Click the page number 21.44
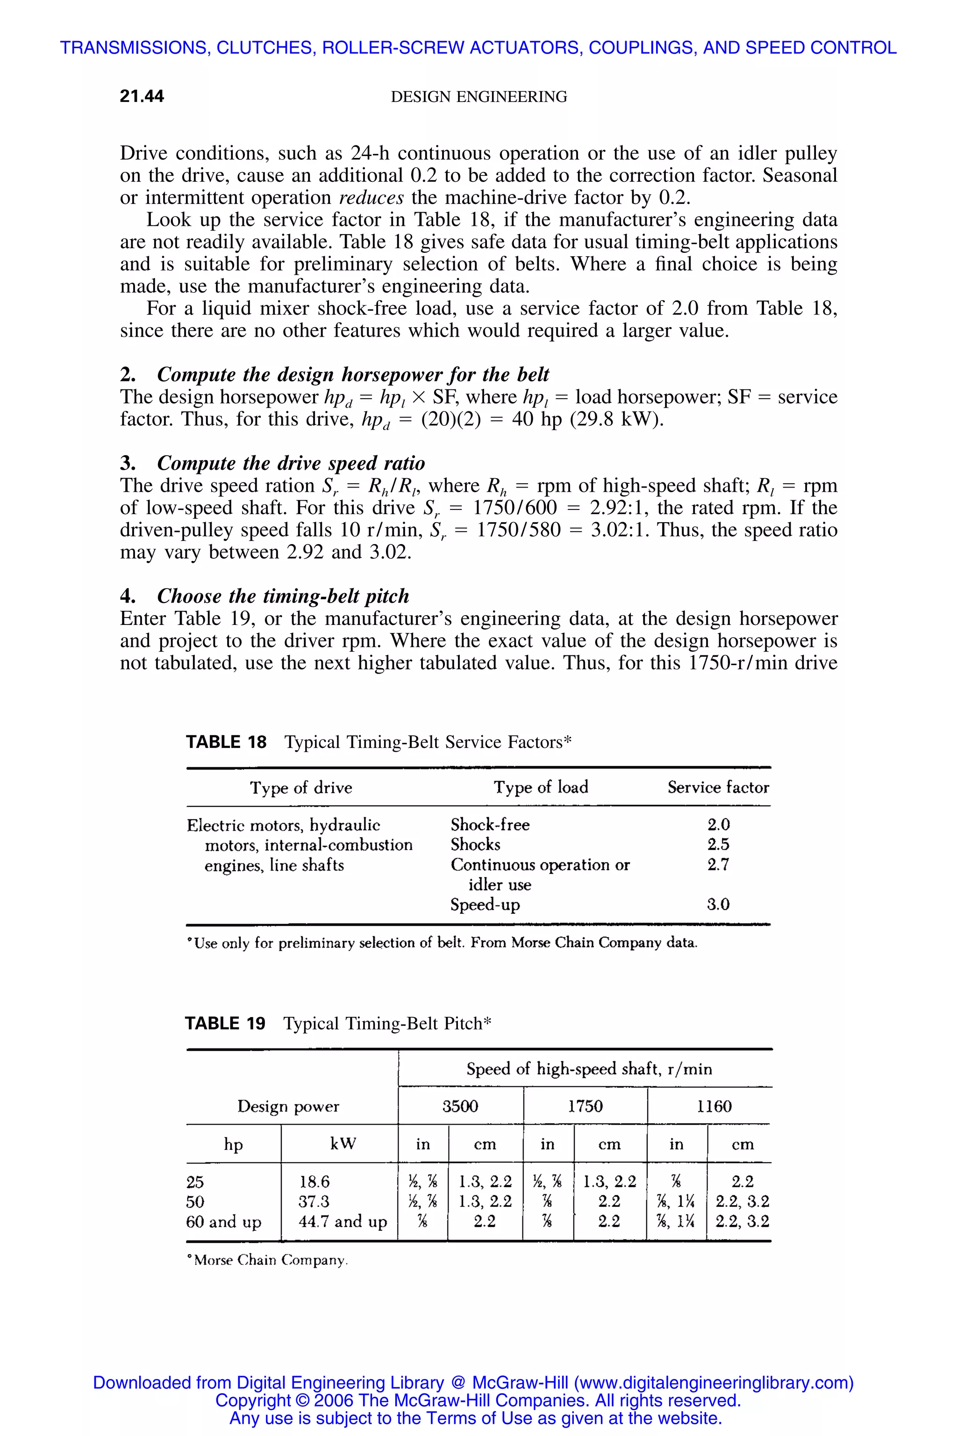[x=142, y=96]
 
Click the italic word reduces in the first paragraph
[x=371, y=198]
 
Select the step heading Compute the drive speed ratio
[x=291, y=463]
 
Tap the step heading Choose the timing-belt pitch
[x=283, y=596]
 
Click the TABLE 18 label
[x=226, y=742]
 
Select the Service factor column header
[x=718, y=788]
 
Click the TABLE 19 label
[x=225, y=1024]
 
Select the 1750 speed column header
[x=585, y=1106]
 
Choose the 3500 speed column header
[x=460, y=1106]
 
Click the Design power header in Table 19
[x=288, y=1106]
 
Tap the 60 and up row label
[x=223, y=1222]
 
